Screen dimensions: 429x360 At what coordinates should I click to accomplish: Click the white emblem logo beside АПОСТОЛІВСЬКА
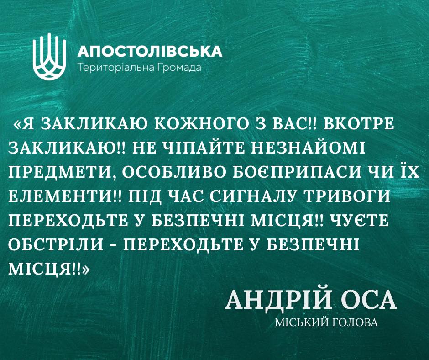(x=49, y=57)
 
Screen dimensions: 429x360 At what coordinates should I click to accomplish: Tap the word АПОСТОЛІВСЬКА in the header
(x=150, y=51)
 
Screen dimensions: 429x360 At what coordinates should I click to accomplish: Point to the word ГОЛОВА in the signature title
(x=355, y=323)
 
